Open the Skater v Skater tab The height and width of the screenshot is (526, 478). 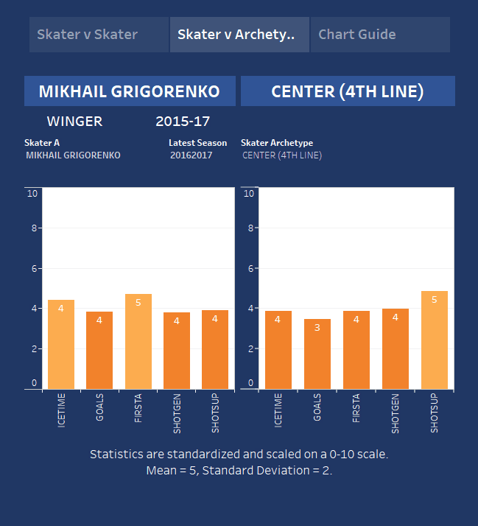coord(87,35)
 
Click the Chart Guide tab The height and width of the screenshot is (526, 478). coord(357,35)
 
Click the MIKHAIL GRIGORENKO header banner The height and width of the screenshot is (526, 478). coord(129,91)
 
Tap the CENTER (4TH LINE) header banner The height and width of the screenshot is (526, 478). coord(347,91)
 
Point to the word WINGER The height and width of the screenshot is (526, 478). coord(74,122)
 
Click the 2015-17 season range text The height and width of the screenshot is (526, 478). coord(183,122)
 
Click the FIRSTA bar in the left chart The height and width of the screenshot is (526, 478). coord(138,341)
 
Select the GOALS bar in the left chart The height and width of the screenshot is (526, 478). coord(99,350)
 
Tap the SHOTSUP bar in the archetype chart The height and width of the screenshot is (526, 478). coord(434,340)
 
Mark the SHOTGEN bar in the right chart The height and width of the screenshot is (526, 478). coord(395,348)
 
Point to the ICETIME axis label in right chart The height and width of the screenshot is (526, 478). coord(278,410)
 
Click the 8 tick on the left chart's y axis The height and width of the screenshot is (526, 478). coord(32,228)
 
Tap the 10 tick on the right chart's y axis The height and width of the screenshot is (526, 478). coord(248,194)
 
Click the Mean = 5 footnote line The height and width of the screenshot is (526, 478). coord(239,470)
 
